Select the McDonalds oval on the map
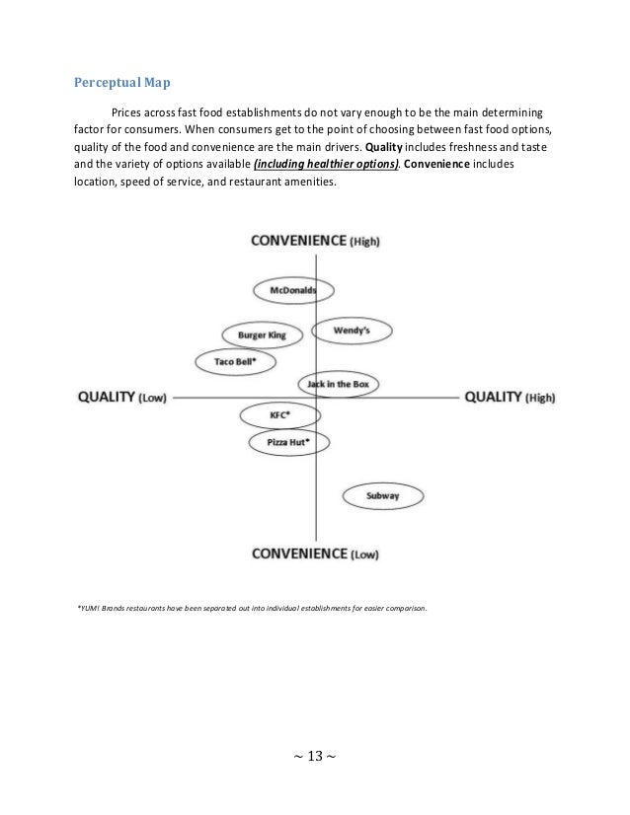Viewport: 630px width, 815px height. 293,290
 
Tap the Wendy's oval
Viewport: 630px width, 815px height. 352,331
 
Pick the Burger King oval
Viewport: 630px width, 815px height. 262,335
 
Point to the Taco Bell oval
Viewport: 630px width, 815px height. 236,362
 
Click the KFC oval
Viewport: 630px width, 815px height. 279,414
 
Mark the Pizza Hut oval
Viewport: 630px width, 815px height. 288,443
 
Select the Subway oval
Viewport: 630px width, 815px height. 382,495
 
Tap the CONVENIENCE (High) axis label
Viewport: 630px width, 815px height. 316,241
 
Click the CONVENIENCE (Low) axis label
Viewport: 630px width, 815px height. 316,554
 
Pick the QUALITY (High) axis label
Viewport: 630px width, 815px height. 510,397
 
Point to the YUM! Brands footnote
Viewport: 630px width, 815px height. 252,609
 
